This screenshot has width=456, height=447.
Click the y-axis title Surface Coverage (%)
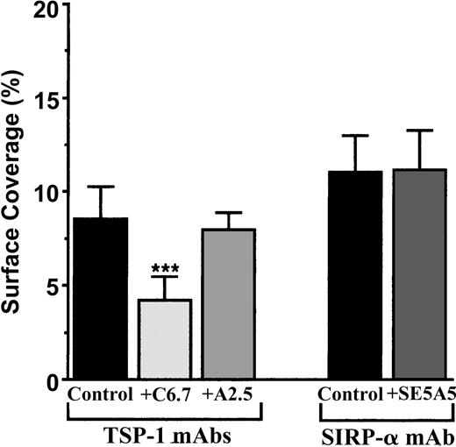pyautogui.click(x=15, y=195)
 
